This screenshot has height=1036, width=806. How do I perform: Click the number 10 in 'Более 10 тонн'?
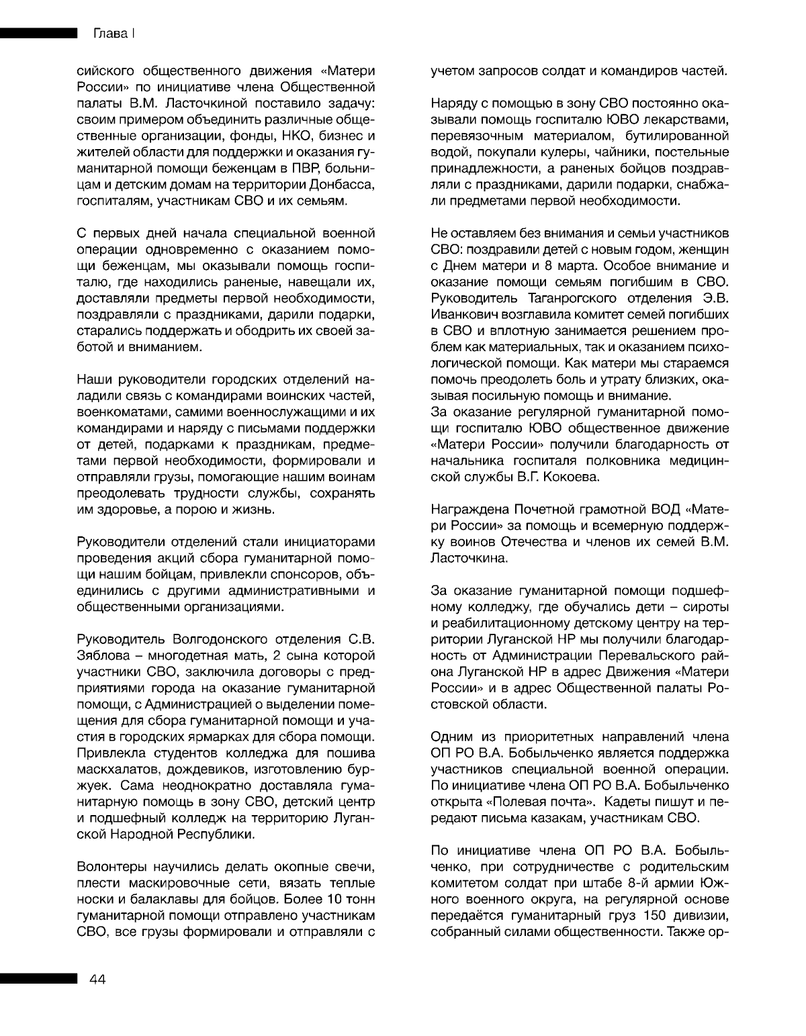tap(322, 898)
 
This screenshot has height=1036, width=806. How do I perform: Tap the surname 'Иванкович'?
tap(463, 315)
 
